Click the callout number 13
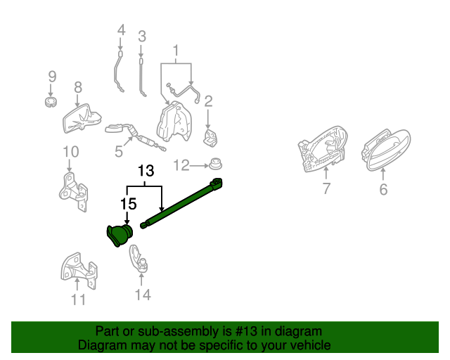pos(145,171)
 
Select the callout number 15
pos(127,203)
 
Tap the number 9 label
pos(51,76)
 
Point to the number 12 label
pos(181,165)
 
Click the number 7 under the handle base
pos(326,188)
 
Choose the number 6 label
pos(383,189)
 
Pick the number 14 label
pos(143,295)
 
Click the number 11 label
pos(78,300)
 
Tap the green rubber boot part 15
pos(117,235)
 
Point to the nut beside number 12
pos(214,165)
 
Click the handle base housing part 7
pos(322,150)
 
